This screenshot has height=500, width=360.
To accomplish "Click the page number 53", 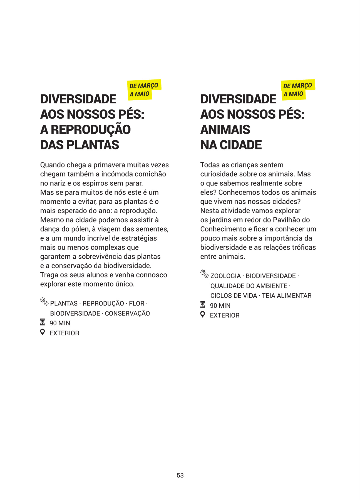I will tap(180, 475).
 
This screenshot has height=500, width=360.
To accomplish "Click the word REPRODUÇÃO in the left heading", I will tap(91, 130).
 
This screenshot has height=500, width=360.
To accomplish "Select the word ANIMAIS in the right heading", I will tap(225, 130).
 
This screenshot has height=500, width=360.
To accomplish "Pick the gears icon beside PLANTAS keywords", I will tap(44, 301).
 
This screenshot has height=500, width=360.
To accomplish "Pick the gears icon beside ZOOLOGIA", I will tap(204, 274).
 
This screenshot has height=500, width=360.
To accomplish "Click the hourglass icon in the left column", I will tap(42, 322).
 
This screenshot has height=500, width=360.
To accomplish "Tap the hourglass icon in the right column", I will tap(203, 305).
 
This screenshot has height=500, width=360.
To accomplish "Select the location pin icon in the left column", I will tap(42, 332).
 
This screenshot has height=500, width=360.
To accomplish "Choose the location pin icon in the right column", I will tap(203, 314).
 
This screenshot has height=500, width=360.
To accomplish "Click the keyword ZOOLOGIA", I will tap(225, 276).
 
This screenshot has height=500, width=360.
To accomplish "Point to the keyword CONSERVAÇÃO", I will tap(127, 314).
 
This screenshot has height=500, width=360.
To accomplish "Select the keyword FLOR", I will tap(136, 304).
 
